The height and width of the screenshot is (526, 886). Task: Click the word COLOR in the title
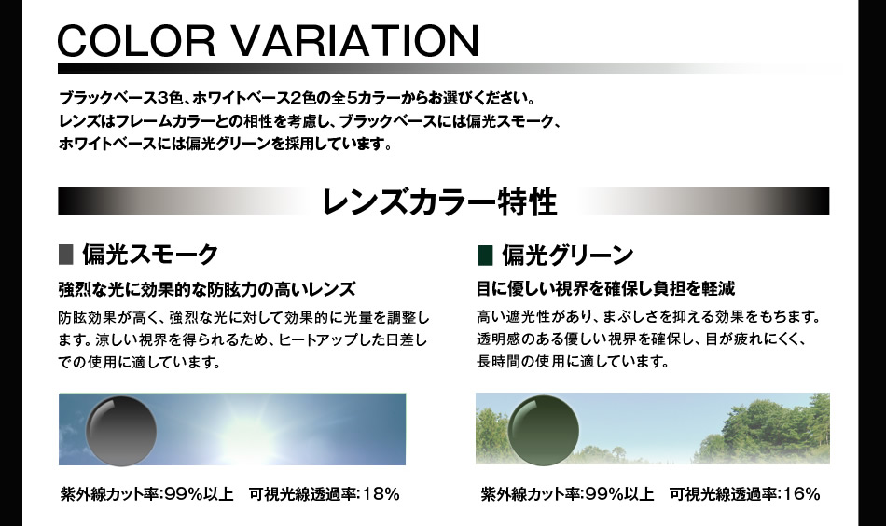tap(136, 40)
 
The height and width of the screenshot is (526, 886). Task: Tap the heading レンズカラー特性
tap(439, 201)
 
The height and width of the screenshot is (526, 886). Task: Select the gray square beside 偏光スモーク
tap(65, 255)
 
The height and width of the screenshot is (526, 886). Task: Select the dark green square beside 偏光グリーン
tap(485, 255)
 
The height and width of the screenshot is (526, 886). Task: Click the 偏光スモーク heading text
tap(150, 254)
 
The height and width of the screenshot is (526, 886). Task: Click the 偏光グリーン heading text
tap(568, 255)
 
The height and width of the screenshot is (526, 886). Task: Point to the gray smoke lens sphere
tap(121, 431)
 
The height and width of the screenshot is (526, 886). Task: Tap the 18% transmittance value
tap(381, 493)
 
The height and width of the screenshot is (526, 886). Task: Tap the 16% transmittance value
tap(801, 493)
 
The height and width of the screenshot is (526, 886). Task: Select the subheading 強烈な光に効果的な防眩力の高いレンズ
tap(207, 289)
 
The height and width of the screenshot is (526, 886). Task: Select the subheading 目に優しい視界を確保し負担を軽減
tap(605, 288)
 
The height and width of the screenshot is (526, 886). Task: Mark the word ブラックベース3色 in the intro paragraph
tap(119, 98)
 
